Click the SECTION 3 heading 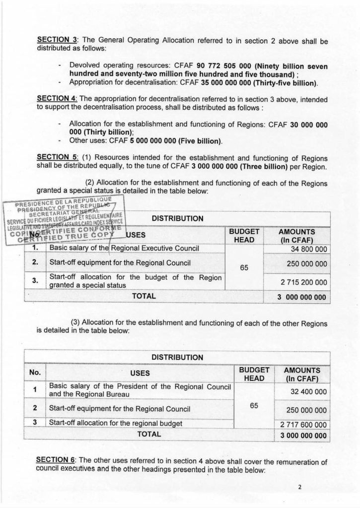click(x=54, y=40)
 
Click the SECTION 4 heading click(x=54, y=98)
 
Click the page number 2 click(x=299, y=487)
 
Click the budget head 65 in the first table click(x=244, y=267)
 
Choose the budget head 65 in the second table click(x=254, y=406)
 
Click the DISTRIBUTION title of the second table click(x=177, y=357)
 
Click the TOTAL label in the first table click(x=144, y=296)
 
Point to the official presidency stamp click(x=66, y=219)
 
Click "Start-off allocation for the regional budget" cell click(x=116, y=424)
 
